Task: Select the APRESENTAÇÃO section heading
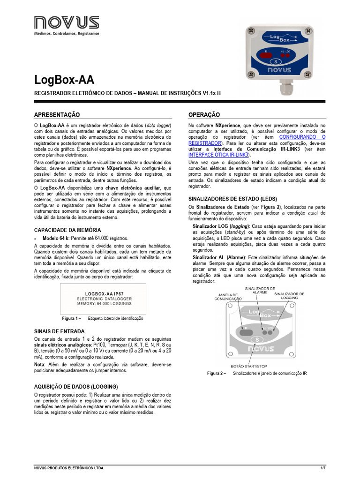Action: coord(57,115)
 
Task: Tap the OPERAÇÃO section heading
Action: coord(204,115)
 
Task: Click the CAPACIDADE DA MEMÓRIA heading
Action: coord(67,230)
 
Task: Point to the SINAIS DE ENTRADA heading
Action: coord(60,331)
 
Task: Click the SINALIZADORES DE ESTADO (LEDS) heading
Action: coord(232,199)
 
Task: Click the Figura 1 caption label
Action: coord(72,318)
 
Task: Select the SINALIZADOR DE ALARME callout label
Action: coord(260,290)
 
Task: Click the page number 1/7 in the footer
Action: coord(322,468)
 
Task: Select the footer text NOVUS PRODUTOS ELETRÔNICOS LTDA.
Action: coord(69,468)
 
